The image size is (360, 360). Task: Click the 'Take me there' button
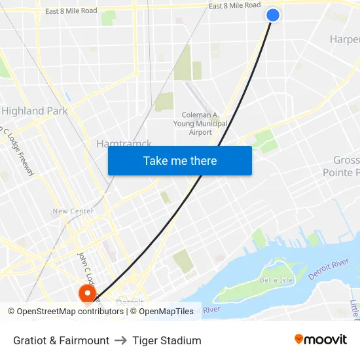(x=180, y=160)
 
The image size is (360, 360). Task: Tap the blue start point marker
(x=273, y=15)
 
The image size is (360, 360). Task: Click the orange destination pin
(x=86, y=293)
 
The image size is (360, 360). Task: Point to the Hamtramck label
(x=124, y=143)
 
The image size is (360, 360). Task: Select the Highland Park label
(x=35, y=111)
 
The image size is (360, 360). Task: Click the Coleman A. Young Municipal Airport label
(x=200, y=123)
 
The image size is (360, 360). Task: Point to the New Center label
(x=73, y=211)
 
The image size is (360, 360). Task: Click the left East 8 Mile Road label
(x=71, y=11)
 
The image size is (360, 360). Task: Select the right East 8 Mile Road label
(x=234, y=5)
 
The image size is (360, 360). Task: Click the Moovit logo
(x=321, y=340)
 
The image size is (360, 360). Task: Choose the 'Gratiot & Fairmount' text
(x=61, y=340)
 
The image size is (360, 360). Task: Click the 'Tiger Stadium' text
(x=167, y=340)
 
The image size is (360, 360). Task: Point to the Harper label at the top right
(x=344, y=39)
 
